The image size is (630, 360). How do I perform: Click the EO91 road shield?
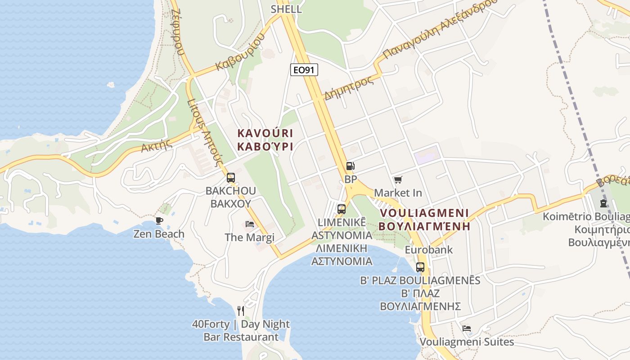(304, 69)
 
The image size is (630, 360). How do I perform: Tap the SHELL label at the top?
(286, 9)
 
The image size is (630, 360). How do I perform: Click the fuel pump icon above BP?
(350, 166)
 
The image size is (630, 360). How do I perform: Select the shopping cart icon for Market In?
(398, 180)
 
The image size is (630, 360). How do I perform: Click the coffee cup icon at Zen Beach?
(159, 220)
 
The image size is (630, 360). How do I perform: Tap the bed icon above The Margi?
(250, 224)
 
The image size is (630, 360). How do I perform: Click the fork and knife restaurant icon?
(241, 310)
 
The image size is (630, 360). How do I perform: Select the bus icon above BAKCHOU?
(231, 177)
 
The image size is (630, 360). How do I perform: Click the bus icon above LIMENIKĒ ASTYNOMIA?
(342, 209)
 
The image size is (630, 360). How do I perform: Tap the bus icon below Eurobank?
(420, 267)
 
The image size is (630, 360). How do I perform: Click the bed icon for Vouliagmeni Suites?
(467, 328)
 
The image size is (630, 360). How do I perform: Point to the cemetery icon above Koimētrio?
(603, 203)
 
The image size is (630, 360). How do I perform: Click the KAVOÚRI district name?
(265, 133)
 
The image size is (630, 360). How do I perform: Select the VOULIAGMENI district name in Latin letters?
(424, 213)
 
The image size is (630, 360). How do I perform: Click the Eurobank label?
(429, 249)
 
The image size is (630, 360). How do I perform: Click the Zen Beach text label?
(159, 234)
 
